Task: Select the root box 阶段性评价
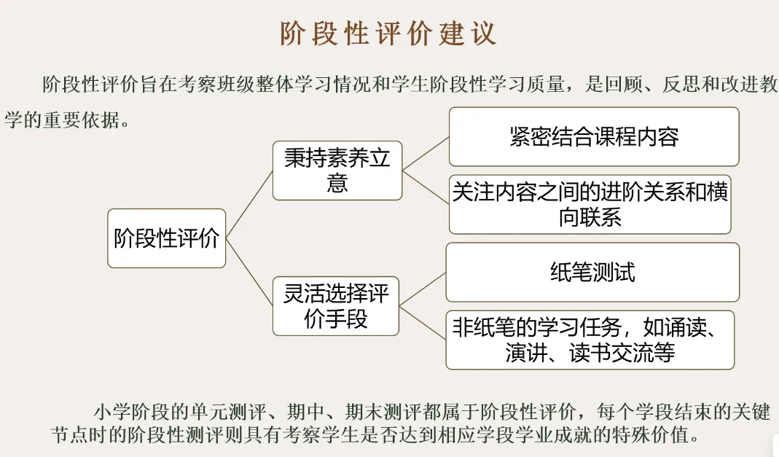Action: pyautogui.click(x=167, y=238)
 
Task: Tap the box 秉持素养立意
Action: pyautogui.click(x=337, y=171)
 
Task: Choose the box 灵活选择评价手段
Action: pyautogui.click(x=336, y=306)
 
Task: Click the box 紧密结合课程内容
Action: pyautogui.click(x=594, y=137)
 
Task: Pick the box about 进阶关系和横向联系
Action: pyautogui.click(x=590, y=204)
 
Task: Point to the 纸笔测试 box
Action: pyautogui.click(x=592, y=272)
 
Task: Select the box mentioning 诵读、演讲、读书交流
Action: pyautogui.click(x=590, y=340)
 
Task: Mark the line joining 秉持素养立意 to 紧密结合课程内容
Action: pyautogui.click(x=426, y=154)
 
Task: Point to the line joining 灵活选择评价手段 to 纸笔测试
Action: pyautogui.click(x=423, y=289)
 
